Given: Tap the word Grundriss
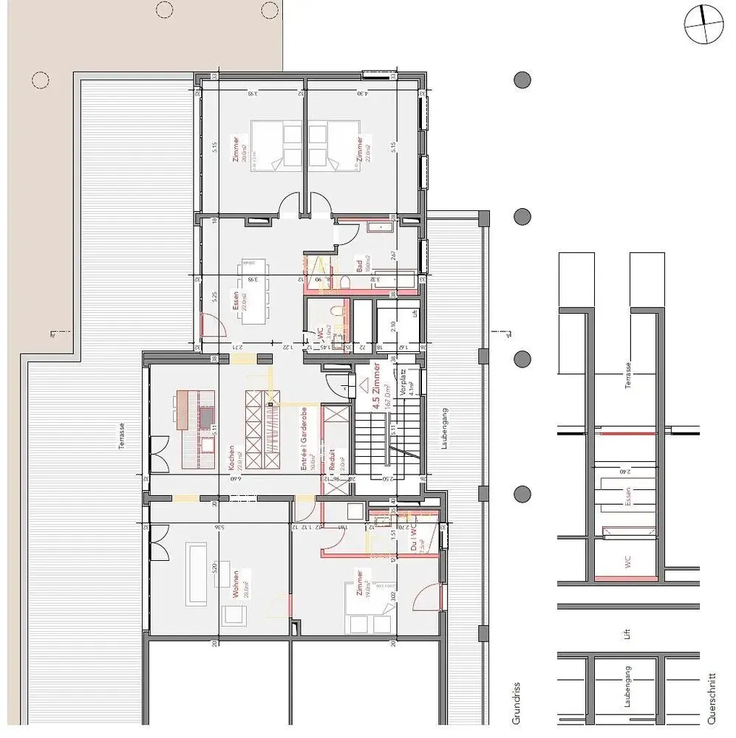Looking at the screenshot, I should coord(517,701).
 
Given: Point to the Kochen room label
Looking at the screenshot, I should coord(232,458).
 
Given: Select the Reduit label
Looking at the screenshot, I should coord(332,461).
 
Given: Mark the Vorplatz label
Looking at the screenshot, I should coord(403,385).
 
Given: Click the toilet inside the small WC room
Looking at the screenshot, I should coord(336,314).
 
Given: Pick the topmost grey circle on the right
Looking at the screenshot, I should coord(522,80).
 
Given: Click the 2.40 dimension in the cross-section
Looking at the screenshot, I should coord(627,470).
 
